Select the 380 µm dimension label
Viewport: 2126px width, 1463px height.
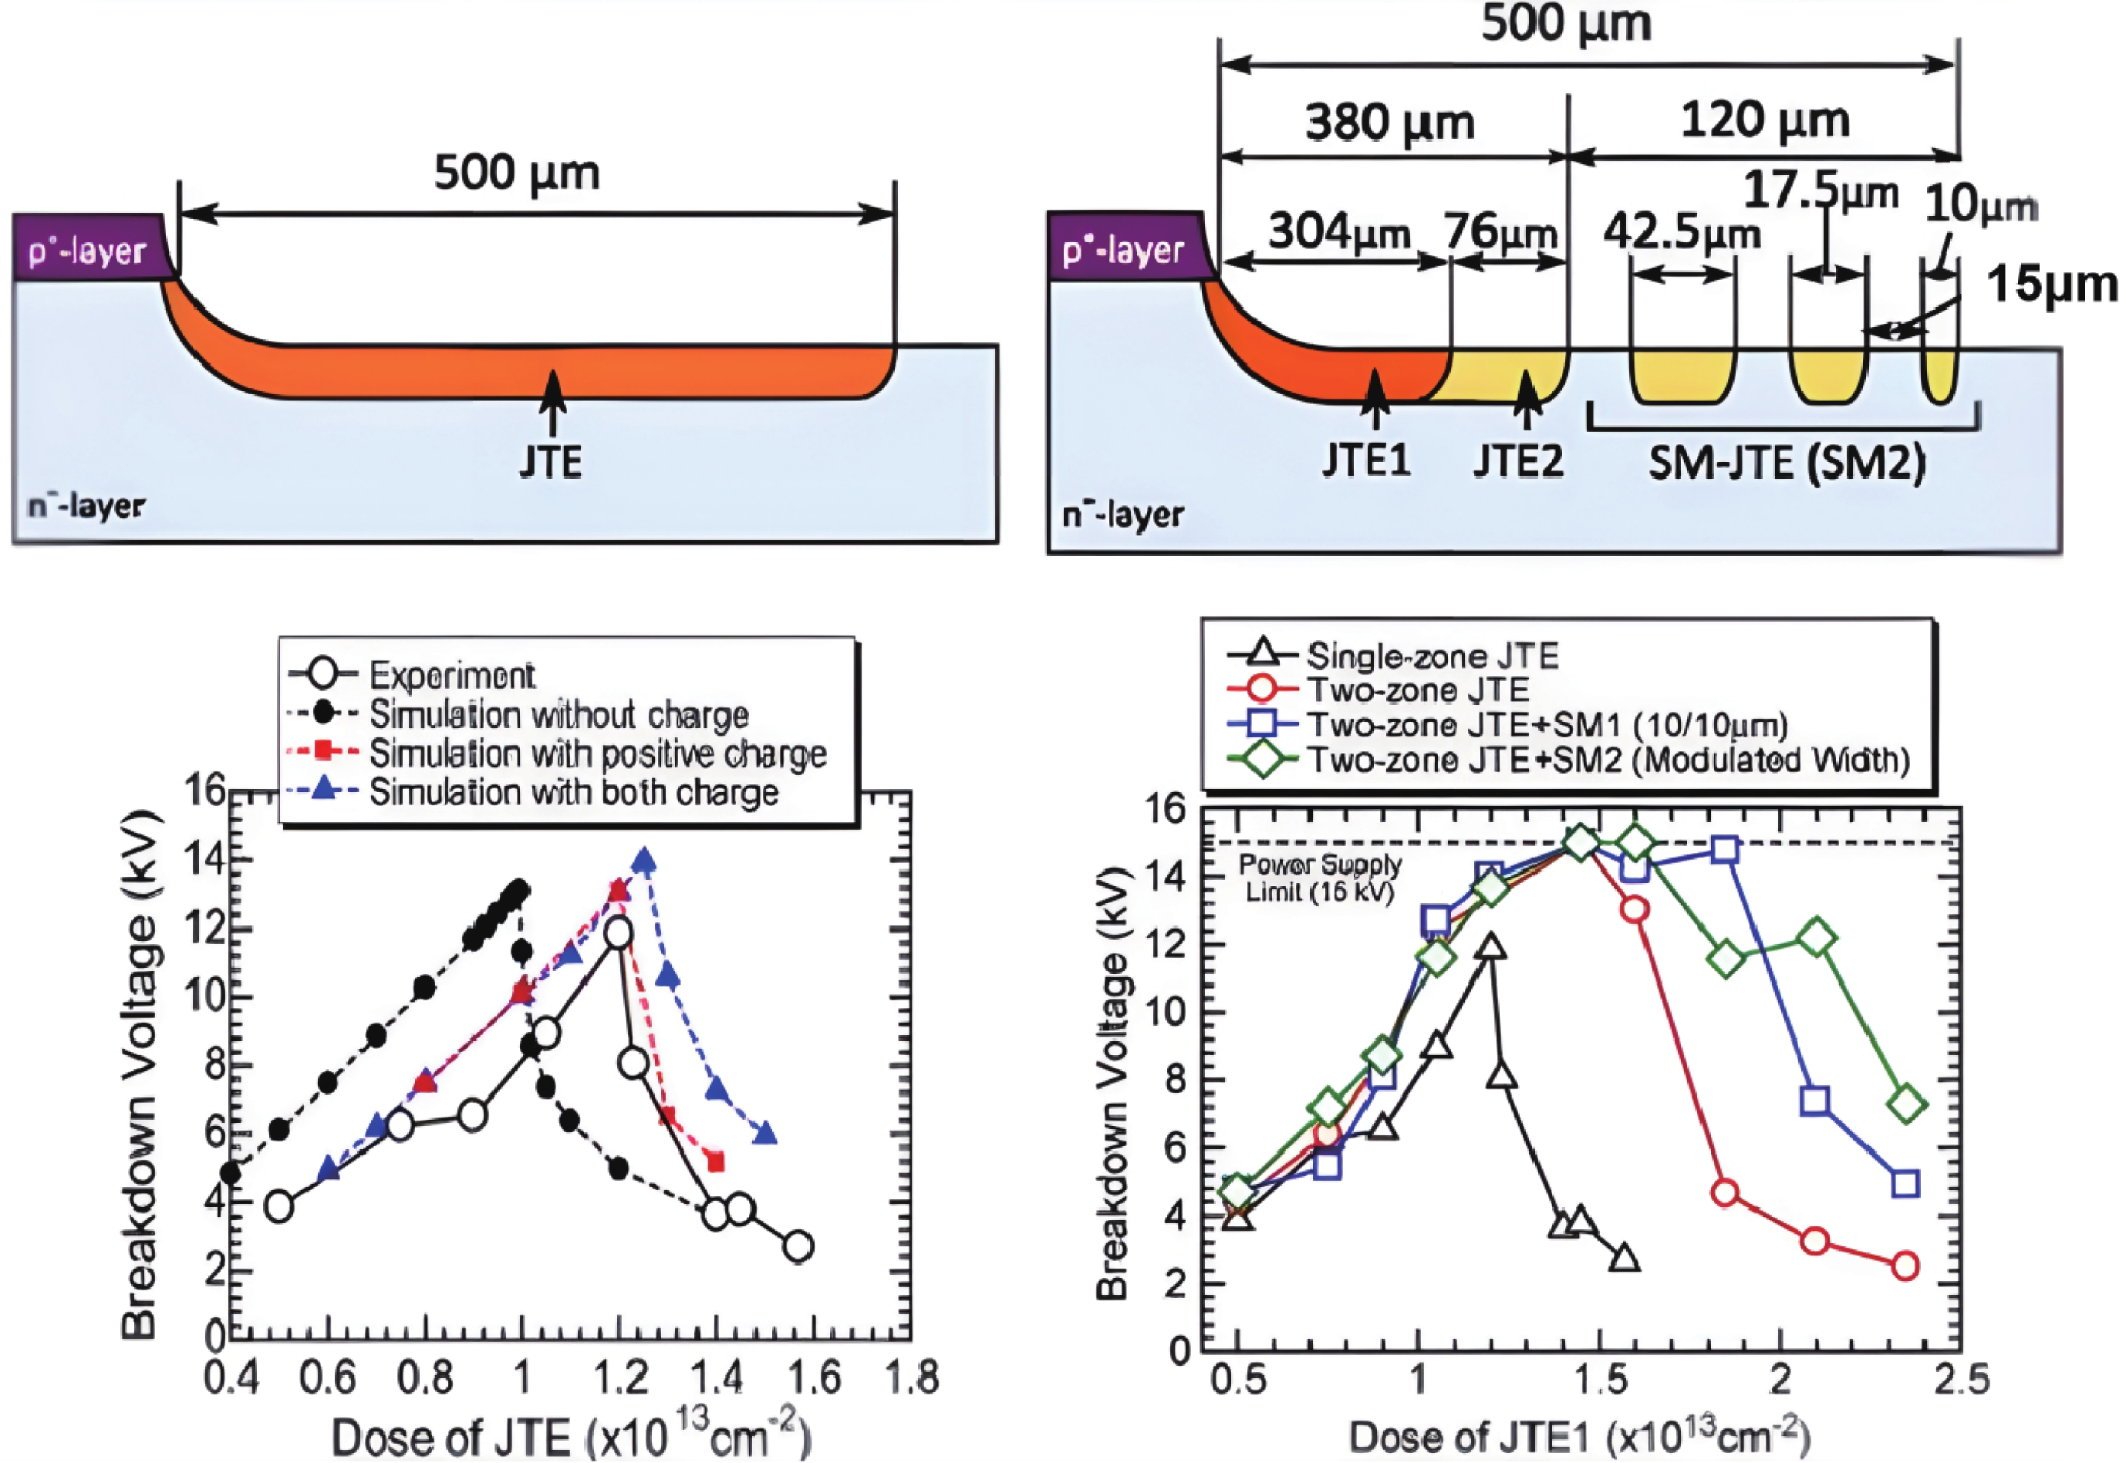(1390, 122)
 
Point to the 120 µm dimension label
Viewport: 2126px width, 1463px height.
(1764, 120)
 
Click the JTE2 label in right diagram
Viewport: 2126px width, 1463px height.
(1517, 461)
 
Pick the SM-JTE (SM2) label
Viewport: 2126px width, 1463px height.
(1786, 463)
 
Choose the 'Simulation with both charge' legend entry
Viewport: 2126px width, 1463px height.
(573, 792)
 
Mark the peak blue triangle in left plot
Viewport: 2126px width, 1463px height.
(644, 861)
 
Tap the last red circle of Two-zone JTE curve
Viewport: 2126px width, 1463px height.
(1905, 1266)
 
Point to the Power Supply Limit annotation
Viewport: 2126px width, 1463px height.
(1320, 877)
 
